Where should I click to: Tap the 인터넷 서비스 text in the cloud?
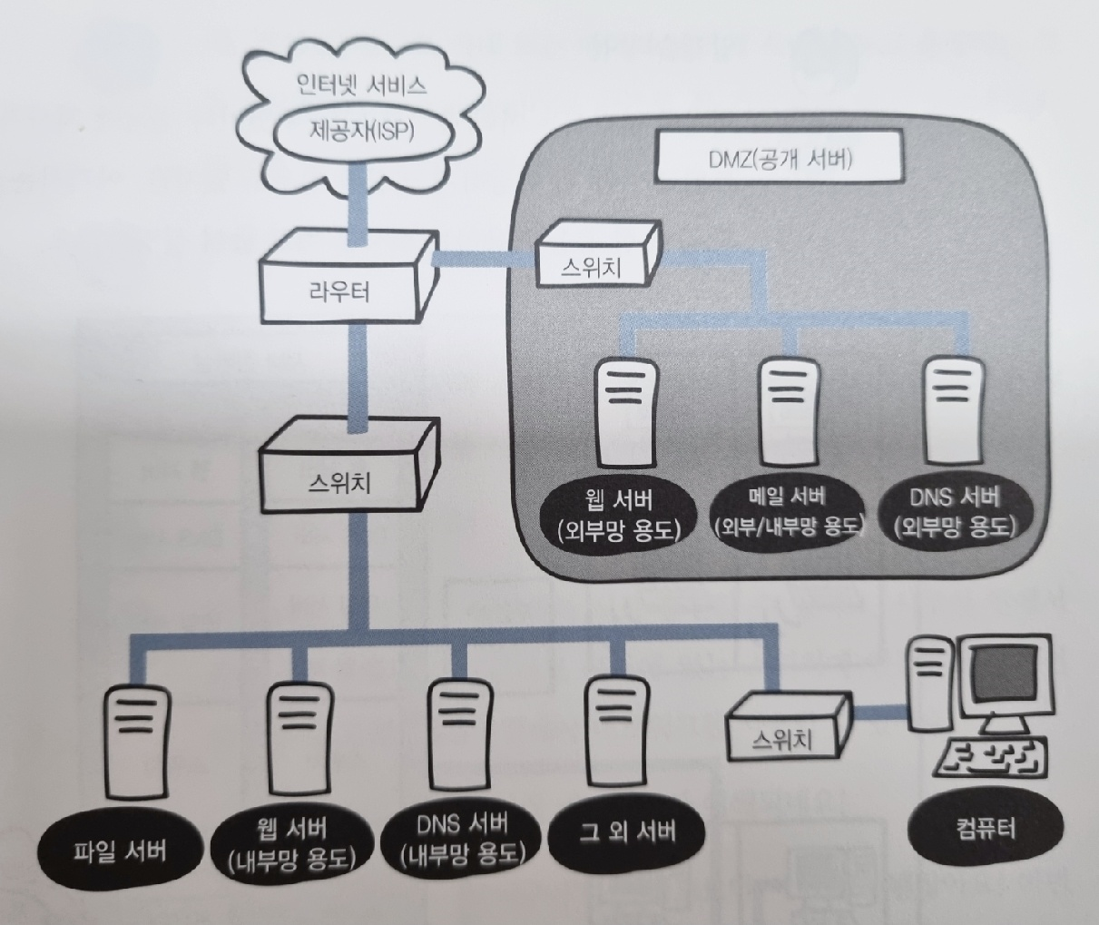click(x=361, y=86)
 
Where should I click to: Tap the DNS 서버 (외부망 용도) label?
click(x=954, y=510)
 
